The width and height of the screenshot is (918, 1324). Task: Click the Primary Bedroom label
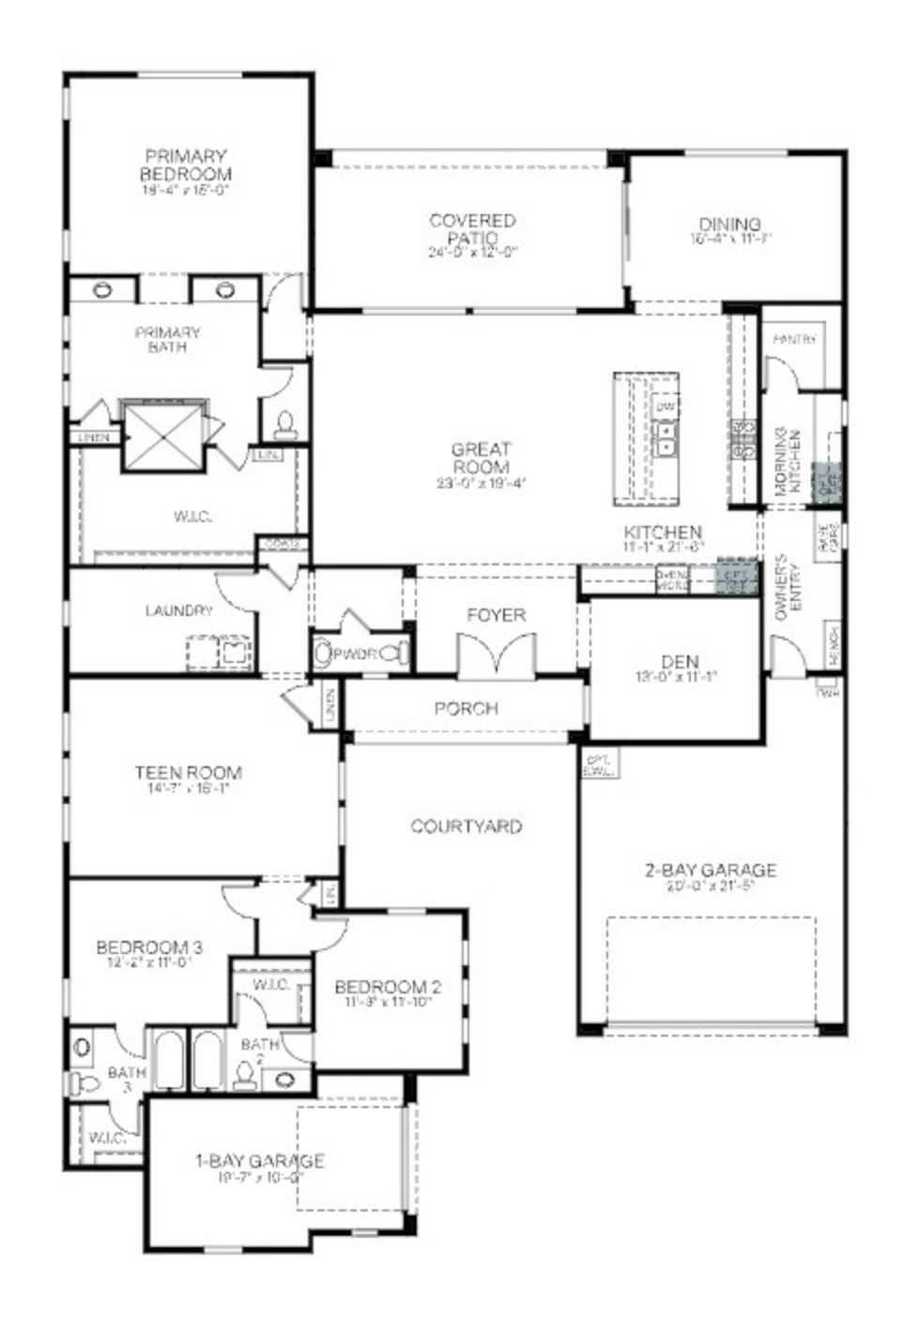click(186, 165)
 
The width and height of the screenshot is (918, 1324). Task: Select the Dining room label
click(729, 224)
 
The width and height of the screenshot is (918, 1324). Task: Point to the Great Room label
click(481, 458)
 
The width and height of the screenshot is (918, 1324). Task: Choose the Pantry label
click(794, 339)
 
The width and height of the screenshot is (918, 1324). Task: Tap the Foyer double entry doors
click(497, 654)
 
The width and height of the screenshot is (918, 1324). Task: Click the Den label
click(680, 661)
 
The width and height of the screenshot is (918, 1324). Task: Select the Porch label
click(466, 708)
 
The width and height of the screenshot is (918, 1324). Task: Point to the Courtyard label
click(466, 826)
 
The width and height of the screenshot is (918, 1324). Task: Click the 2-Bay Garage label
click(711, 870)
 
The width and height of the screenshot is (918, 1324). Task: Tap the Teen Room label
click(188, 773)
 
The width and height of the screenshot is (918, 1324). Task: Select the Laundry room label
click(178, 610)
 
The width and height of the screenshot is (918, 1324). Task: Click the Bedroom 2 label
click(388, 987)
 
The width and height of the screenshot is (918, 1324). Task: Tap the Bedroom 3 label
click(149, 947)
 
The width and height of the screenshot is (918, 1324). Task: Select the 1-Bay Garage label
click(260, 1161)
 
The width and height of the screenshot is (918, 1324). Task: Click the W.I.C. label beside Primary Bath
click(192, 516)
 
